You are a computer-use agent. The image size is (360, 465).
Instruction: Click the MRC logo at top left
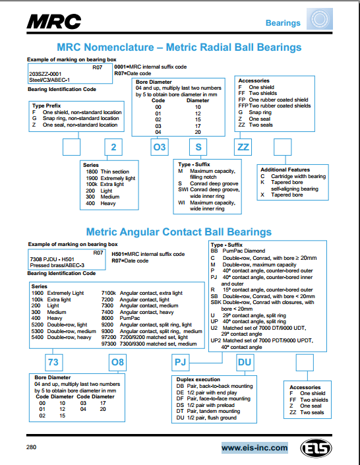click(54, 21)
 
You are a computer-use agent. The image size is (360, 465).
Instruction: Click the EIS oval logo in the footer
click(316, 448)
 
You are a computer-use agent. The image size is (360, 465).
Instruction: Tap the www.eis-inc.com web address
click(255, 447)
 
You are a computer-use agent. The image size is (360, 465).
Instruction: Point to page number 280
click(31, 447)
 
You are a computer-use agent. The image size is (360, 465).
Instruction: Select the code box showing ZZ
click(243, 147)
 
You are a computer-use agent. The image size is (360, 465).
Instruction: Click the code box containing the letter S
click(198, 147)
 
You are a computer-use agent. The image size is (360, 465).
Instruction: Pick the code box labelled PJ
click(180, 362)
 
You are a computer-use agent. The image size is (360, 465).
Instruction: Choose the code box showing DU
click(245, 362)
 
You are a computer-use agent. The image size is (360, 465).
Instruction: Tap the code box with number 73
click(53, 362)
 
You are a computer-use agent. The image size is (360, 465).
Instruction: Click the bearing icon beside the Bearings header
click(320, 19)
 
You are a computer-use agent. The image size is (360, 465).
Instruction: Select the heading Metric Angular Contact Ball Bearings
click(179, 232)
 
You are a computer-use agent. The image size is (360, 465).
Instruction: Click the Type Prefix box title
click(47, 106)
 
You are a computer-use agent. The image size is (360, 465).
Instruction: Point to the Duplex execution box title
click(198, 379)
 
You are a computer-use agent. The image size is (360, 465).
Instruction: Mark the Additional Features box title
click(285, 170)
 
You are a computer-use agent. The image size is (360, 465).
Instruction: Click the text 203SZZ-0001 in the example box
click(45, 74)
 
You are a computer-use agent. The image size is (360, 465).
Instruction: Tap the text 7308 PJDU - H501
click(52, 259)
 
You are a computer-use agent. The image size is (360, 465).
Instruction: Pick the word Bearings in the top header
click(283, 23)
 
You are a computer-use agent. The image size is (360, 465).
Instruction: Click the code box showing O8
click(117, 362)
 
